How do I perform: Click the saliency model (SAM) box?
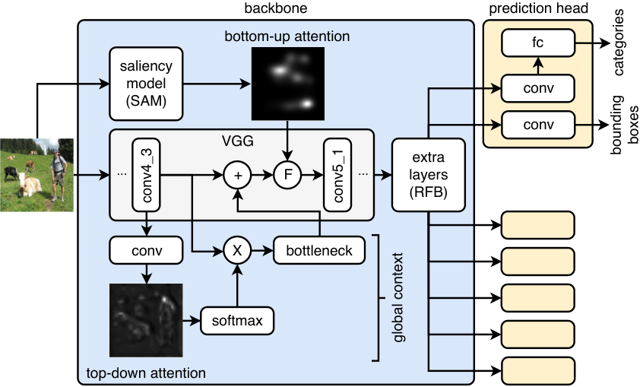click(146, 84)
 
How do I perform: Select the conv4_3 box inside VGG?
click(147, 175)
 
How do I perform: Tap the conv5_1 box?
click(337, 175)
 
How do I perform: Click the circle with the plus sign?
click(237, 175)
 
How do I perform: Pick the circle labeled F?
click(287, 175)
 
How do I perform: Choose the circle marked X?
click(237, 250)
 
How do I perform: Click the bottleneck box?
click(319, 250)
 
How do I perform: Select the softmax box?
click(237, 321)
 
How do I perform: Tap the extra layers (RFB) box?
click(429, 175)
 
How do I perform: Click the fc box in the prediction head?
click(538, 43)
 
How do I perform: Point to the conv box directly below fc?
click(538, 88)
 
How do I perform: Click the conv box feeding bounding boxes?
click(538, 125)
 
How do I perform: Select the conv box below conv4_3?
click(147, 250)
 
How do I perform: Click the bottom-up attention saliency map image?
click(288, 84)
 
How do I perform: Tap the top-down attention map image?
click(146, 321)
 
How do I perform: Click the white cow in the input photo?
click(29, 185)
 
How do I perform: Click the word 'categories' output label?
click(619, 43)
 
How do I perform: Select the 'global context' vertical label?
click(398, 297)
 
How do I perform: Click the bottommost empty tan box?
click(538, 371)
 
